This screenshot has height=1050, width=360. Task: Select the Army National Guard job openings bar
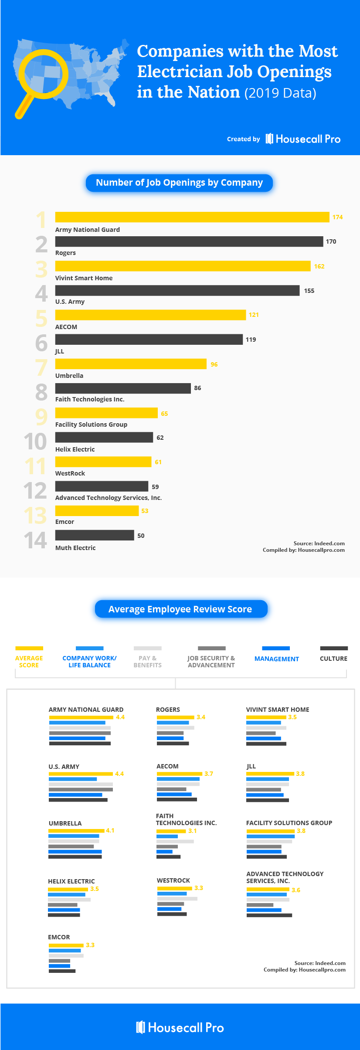pos(192,217)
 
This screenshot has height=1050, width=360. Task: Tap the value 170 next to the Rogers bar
pos(331,241)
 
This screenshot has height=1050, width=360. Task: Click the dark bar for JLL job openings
pos(149,340)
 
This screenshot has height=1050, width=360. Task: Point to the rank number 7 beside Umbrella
pos(41,367)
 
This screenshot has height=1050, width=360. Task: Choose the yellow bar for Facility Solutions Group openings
pos(106,413)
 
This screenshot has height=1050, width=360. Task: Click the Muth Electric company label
pos(75,548)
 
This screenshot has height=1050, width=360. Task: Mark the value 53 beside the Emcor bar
pos(145,511)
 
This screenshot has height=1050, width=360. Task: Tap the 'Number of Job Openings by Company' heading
pos(179,183)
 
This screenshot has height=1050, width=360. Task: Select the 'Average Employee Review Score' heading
pos(180,609)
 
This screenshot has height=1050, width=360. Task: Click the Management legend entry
pos(276,659)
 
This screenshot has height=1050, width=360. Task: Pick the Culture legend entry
pos(333,658)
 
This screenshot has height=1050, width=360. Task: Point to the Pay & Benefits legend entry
pos(147,661)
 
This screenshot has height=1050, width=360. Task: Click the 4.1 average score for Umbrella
pos(110,830)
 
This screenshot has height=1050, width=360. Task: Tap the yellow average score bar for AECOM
pos(179,774)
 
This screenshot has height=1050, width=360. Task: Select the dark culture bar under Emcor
pos(62,971)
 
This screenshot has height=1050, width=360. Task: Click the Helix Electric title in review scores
pos(71,881)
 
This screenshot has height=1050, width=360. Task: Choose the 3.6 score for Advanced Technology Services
pos(296,890)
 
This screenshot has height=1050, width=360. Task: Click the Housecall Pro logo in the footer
pos(180,1027)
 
